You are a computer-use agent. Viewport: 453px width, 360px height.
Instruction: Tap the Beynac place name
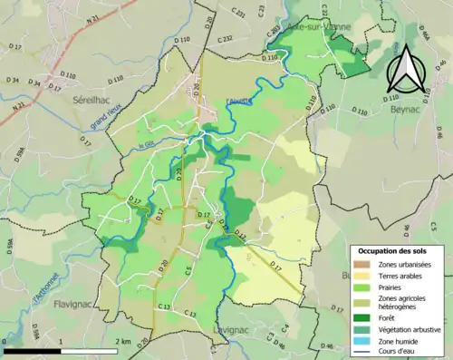(x=408, y=106)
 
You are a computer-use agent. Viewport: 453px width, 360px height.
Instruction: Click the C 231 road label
(x=239, y=15)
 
